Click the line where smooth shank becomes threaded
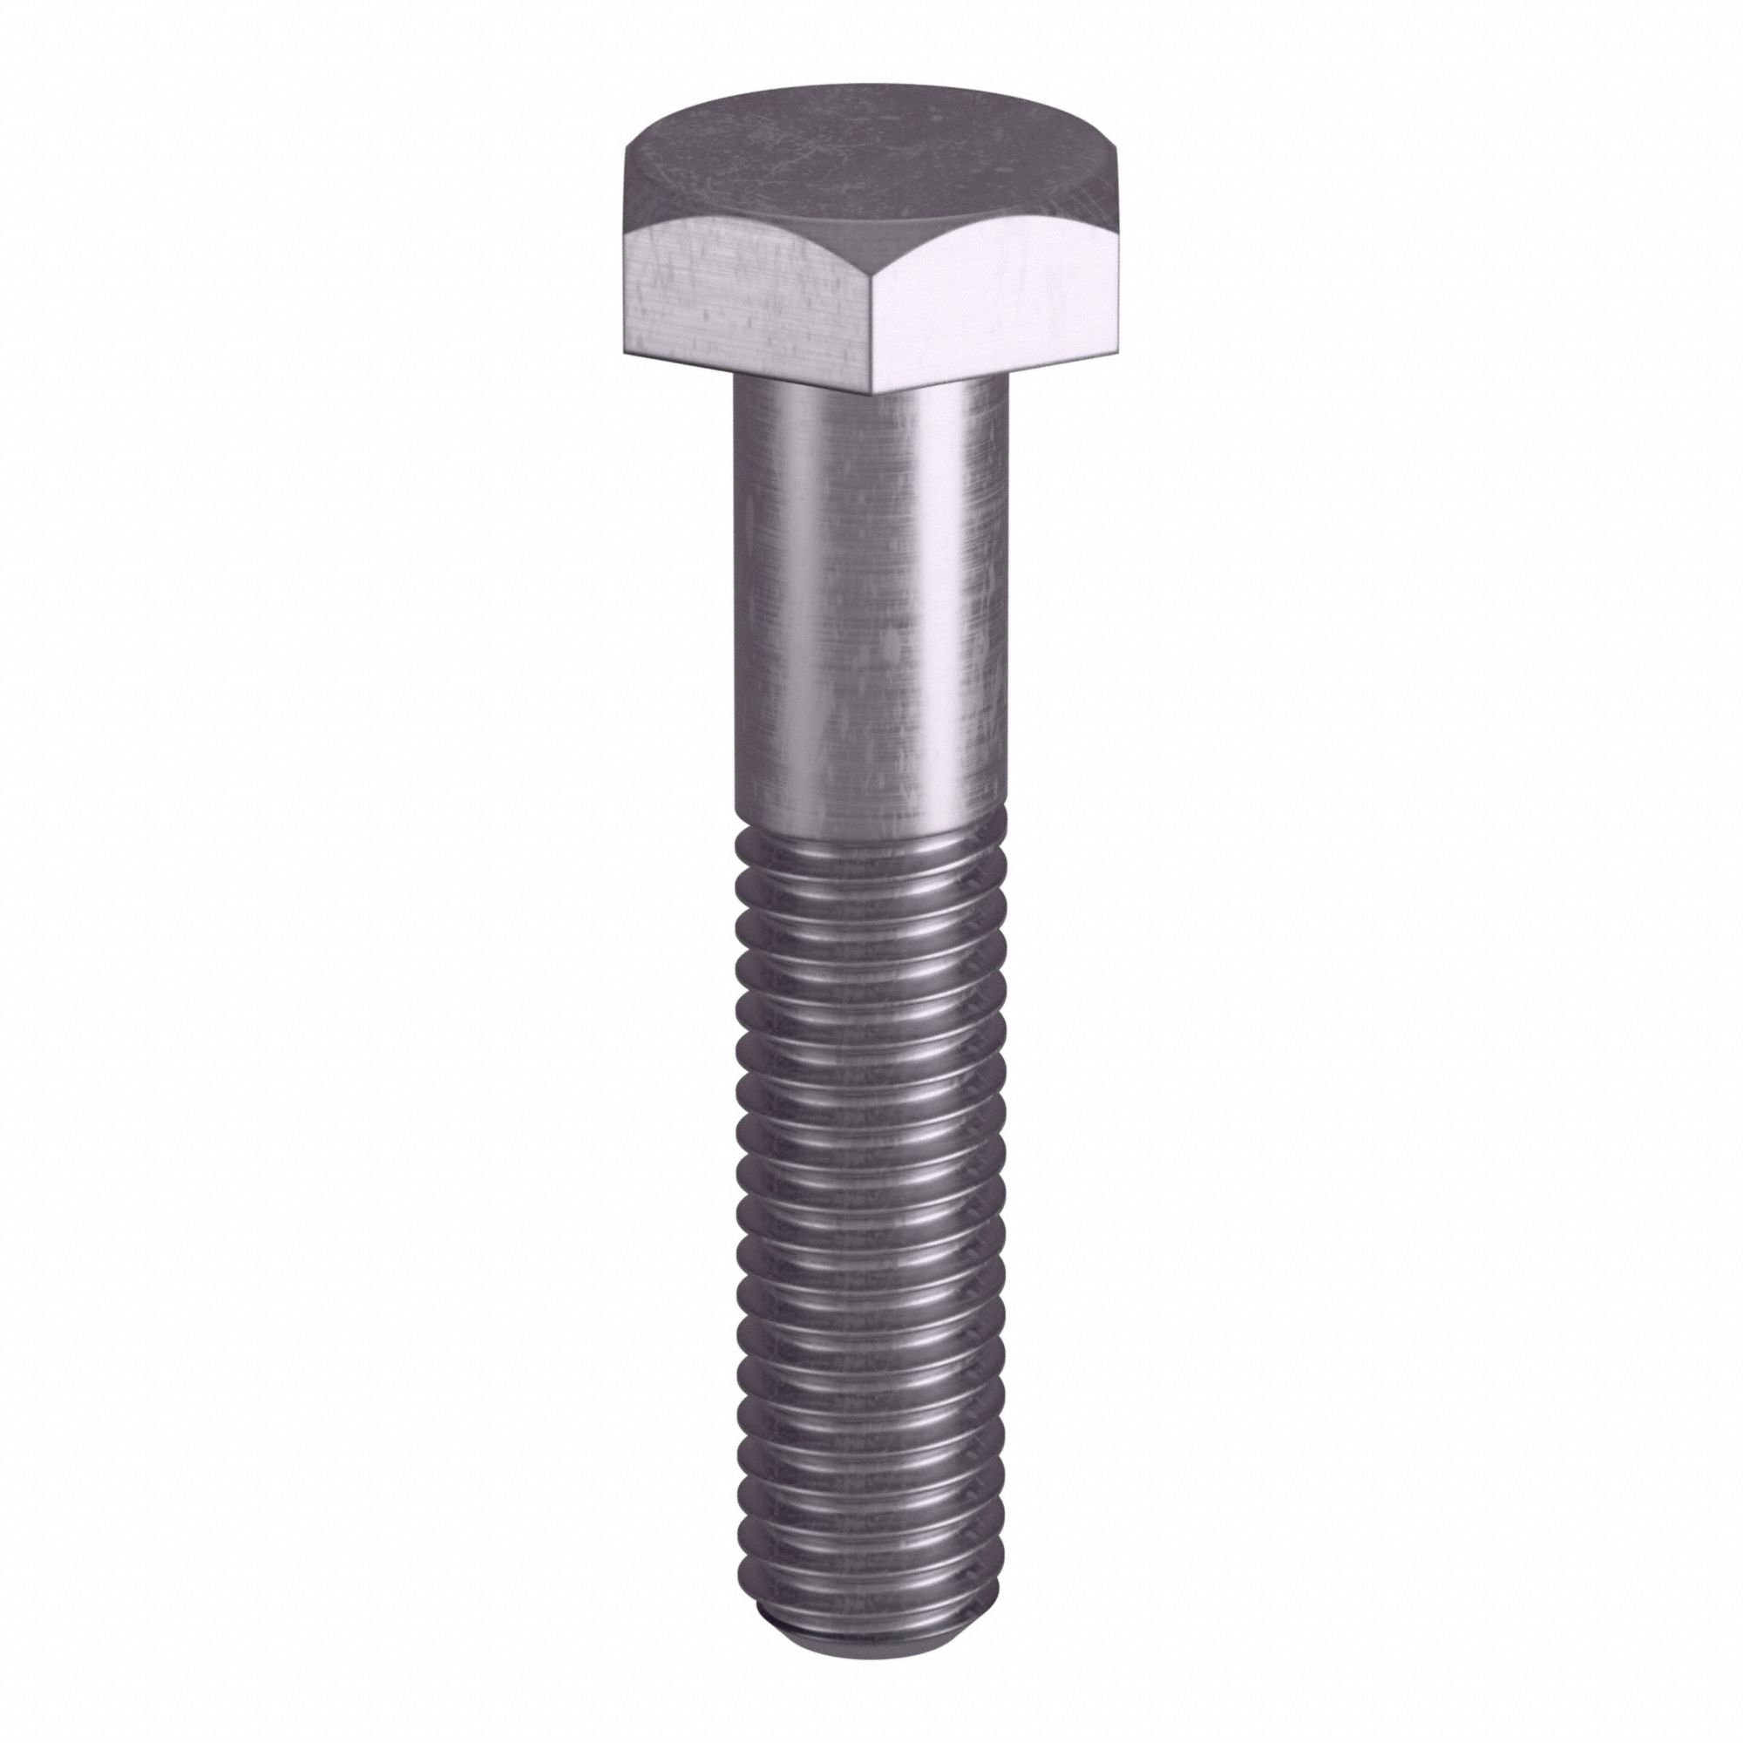click(871, 825)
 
